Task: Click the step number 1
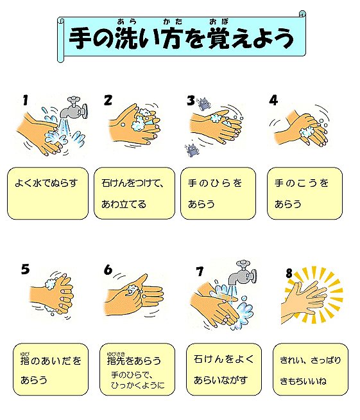click(26, 100)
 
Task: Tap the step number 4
click(273, 100)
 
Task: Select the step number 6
click(108, 270)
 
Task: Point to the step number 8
click(289, 273)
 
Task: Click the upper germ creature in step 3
click(203, 104)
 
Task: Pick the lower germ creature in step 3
click(191, 150)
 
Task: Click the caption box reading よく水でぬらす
click(47, 193)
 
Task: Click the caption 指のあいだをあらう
click(51, 370)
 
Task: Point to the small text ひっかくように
click(138, 385)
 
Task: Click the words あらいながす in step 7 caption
click(221, 380)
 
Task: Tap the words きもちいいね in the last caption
click(303, 381)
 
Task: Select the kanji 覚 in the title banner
click(219, 38)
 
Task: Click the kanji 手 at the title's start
click(79, 38)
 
